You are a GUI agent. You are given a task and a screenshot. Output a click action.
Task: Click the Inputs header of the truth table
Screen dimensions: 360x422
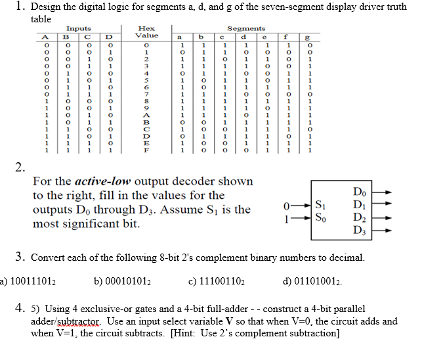(79, 29)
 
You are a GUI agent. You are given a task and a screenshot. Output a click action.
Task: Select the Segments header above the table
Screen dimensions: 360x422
(245, 29)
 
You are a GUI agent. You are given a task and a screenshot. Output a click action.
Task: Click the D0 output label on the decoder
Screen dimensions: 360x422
(357, 191)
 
